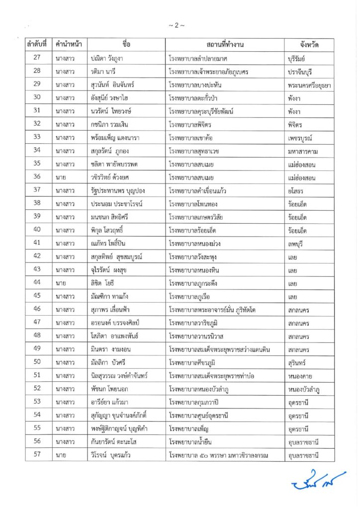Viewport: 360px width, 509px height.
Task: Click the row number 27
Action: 36,58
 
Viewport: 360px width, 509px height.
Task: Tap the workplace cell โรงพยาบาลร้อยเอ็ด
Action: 195,230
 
